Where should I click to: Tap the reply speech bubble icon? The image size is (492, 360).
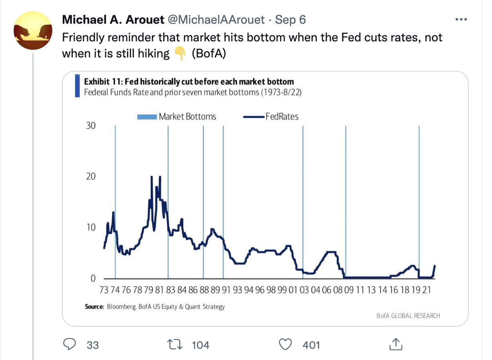(71, 344)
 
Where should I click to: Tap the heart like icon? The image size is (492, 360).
(285, 344)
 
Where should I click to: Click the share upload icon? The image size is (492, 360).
(396, 344)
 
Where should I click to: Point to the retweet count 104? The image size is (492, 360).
(201, 345)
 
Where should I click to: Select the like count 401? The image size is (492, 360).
(311, 345)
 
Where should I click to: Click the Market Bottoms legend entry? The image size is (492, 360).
(177, 117)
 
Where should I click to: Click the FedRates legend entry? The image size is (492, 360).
(271, 117)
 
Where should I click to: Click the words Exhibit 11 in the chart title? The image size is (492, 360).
(100, 82)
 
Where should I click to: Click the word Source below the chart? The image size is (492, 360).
(94, 307)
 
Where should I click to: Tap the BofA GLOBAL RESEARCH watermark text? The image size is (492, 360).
(408, 315)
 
